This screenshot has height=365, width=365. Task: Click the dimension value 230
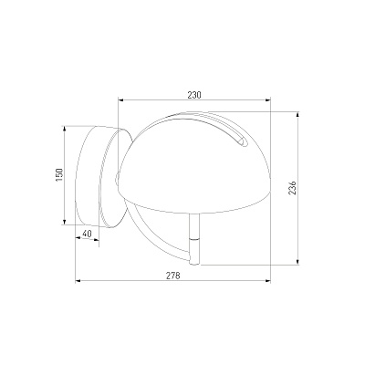pos(194,95)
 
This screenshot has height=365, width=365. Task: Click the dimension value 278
pos(173,276)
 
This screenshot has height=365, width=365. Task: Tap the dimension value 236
pos(292,188)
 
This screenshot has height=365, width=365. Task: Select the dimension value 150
pos(59,175)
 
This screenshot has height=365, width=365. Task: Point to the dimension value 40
pos(87,234)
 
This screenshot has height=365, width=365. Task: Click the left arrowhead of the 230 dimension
pos(121,99)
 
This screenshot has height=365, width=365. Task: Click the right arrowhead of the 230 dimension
pos(267,99)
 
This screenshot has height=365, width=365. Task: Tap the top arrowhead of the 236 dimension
pos(297,115)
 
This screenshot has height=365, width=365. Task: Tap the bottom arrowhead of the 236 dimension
pos(297,262)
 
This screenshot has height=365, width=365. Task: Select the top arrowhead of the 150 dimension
pos(64,129)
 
